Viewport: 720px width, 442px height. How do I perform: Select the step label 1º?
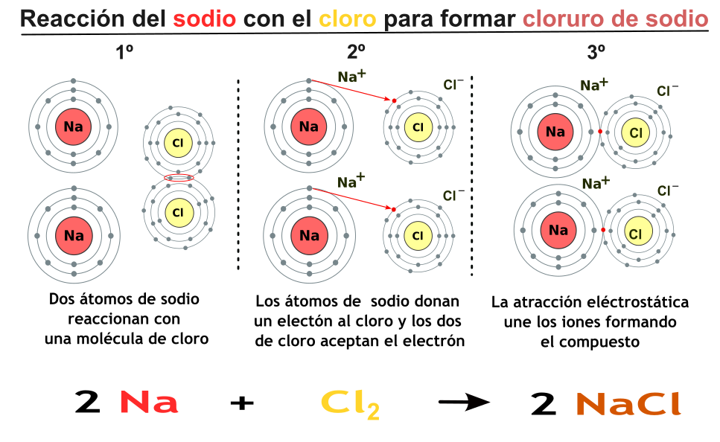click(124, 53)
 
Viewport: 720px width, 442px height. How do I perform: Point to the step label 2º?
click(357, 53)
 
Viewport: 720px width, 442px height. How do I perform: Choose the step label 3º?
click(596, 53)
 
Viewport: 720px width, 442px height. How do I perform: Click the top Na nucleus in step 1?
click(73, 126)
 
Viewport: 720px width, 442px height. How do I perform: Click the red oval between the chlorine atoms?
click(179, 177)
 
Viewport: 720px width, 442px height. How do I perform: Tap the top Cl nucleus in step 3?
click(635, 132)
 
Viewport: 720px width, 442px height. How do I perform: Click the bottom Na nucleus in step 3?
click(558, 230)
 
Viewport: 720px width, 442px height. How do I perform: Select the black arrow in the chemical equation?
click(464, 403)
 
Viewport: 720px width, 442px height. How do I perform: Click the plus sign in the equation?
click(242, 403)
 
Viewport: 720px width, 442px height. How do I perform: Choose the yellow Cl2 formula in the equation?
click(350, 403)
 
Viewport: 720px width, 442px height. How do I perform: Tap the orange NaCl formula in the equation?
click(628, 403)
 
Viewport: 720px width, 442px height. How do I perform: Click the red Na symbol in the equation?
click(149, 403)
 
